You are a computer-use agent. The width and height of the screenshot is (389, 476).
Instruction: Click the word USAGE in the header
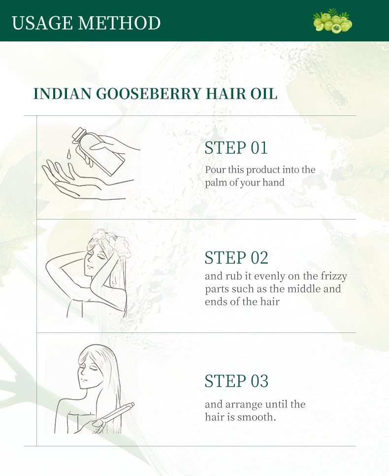42,23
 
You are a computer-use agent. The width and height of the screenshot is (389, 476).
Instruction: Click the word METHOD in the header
119,23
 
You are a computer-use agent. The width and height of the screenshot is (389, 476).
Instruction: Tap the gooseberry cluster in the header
332,21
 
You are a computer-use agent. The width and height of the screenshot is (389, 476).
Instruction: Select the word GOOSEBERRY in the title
148,94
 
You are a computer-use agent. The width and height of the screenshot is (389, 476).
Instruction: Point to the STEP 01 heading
236,148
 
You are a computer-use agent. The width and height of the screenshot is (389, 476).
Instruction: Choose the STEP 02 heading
236,258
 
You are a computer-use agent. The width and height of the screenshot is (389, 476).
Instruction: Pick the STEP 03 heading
236,381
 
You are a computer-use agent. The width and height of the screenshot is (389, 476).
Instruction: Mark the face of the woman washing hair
94,261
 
